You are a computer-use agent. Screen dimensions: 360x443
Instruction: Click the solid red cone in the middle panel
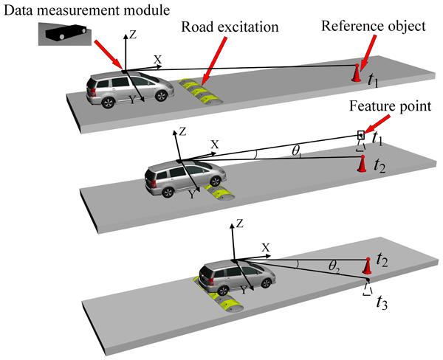(x=362, y=164)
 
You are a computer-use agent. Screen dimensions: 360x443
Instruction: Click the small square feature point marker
(x=361, y=134)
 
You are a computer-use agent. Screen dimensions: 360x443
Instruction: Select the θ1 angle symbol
(x=296, y=150)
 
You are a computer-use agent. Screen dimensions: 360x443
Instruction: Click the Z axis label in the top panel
(x=131, y=33)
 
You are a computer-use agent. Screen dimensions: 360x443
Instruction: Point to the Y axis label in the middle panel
(x=190, y=195)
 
